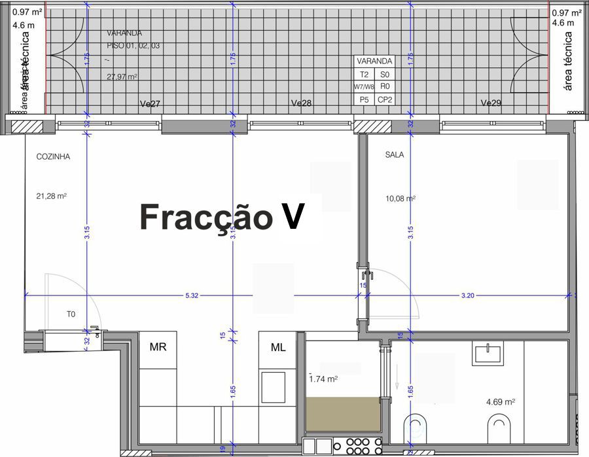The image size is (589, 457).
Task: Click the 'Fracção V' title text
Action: point(223,217)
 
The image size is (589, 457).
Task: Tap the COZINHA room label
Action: point(54,157)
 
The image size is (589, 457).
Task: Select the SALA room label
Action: point(395,156)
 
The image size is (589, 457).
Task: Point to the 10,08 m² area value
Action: point(401,198)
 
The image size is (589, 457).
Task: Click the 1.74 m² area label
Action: point(323,379)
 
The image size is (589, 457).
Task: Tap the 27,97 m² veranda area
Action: point(122,76)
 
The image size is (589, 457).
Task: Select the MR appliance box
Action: point(158,347)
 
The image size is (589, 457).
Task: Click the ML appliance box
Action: point(279,347)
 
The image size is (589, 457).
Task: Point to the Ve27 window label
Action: point(151,104)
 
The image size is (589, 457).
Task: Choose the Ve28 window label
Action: point(301,104)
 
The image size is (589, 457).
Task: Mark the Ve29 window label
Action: point(491,103)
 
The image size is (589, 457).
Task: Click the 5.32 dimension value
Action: point(192,296)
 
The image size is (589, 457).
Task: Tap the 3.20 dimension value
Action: point(467,296)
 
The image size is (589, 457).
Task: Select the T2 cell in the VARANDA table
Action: point(365,75)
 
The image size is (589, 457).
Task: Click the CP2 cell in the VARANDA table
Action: point(385,99)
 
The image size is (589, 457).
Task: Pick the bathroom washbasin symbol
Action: point(486,354)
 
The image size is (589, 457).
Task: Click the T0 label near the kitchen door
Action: point(71,314)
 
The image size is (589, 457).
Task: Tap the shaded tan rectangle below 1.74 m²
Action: point(344,415)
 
